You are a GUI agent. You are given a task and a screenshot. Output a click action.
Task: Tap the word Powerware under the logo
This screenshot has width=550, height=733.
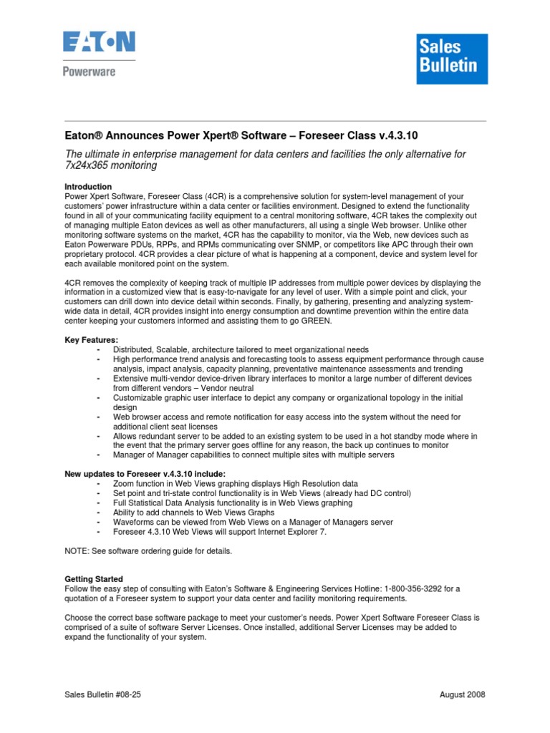(x=90, y=72)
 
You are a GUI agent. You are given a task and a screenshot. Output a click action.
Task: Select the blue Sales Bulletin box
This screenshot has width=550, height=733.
(x=453, y=59)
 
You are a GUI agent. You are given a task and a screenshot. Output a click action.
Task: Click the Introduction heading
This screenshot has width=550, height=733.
(x=88, y=186)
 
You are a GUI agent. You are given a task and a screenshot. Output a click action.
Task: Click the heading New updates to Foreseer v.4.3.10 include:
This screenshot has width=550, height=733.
(x=145, y=474)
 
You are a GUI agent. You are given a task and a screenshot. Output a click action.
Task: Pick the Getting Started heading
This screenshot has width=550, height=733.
(x=94, y=579)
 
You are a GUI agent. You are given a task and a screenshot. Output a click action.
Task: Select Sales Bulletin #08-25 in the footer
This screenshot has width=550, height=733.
(x=103, y=695)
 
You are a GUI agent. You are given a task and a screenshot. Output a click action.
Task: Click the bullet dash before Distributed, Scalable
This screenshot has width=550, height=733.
(x=97, y=349)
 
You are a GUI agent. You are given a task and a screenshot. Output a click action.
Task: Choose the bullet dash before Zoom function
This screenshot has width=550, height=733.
(x=97, y=484)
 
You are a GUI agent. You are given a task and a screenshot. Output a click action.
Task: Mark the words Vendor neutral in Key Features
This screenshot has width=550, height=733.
(x=214, y=388)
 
